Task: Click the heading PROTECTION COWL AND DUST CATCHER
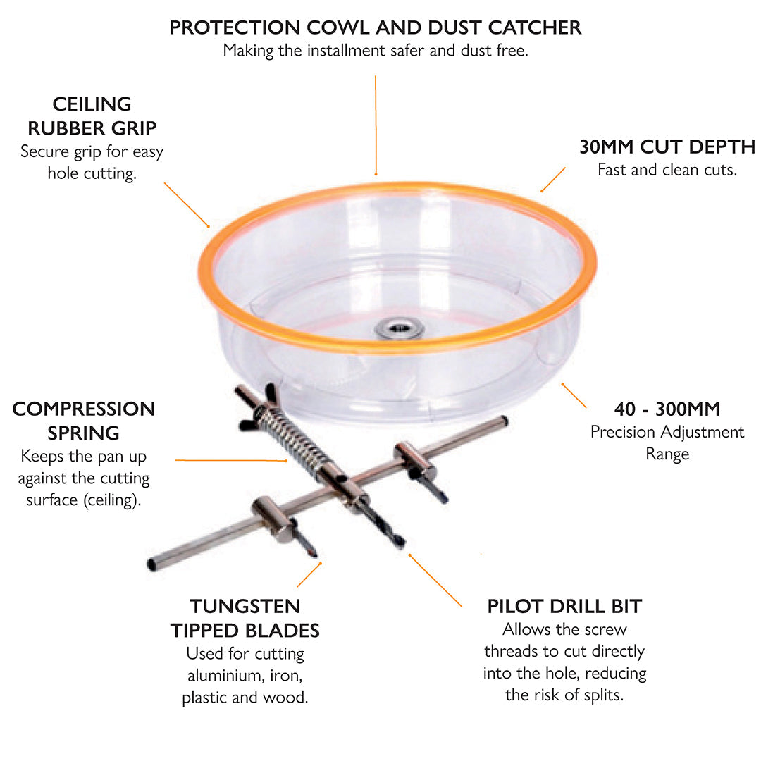pos(376,28)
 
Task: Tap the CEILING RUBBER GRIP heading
pos(92,116)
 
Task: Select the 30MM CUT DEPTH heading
pos(667,147)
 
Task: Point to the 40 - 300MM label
pos(667,409)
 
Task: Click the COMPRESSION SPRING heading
pos(84,420)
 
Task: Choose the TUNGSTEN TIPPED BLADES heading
pos(245,618)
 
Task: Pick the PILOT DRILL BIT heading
pos(564,606)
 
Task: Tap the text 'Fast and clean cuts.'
pos(667,170)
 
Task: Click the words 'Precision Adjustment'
pos(667,432)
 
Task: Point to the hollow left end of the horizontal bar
pos(153,564)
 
